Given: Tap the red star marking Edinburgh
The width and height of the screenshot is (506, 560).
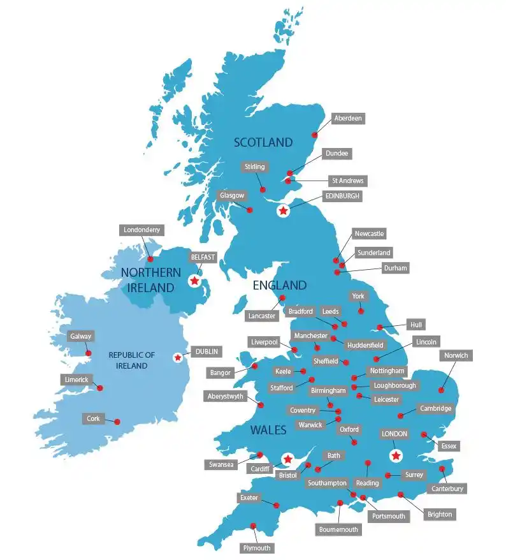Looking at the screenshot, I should point(282,210).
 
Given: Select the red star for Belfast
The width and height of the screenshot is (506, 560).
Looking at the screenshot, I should point(194,281).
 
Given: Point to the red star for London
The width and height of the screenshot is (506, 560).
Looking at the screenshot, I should point(396,455).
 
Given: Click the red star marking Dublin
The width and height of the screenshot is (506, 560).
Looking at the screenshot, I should point(177,358).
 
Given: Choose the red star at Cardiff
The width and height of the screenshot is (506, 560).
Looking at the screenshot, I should point(287,459).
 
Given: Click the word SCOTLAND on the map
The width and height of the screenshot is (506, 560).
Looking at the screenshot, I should point(263,142).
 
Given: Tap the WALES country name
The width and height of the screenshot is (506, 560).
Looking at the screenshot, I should point(268,431).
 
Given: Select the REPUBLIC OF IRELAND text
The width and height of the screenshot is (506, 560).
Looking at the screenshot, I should point(132,360).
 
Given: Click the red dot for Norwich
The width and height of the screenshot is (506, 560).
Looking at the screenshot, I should point(441,390).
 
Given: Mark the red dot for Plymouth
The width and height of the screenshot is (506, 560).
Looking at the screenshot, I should point(254,526).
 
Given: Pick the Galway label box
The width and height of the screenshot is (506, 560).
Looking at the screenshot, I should point(82,336).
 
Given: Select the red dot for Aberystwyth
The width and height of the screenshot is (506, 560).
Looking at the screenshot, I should point(261,405).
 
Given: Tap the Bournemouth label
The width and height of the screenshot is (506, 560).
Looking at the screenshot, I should point(339,529).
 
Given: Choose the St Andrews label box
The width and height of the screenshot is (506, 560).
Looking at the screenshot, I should point(347,181).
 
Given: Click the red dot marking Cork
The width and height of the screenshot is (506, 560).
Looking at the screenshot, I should point(117,421).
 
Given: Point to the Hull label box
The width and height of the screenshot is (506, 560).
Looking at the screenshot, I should point(416,325).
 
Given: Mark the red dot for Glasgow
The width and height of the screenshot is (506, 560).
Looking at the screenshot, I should point(250,210).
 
